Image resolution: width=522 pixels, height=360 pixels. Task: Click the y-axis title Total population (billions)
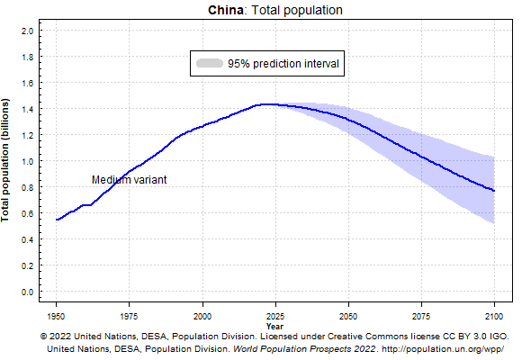tap(7, 161)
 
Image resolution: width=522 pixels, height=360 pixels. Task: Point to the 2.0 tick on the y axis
tap(26, 31)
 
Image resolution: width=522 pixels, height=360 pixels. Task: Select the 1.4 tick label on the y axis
tap(26, 109)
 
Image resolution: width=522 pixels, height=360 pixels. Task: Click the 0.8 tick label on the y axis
tap(26, 187)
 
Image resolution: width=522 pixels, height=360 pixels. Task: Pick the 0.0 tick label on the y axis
tap(26, 292)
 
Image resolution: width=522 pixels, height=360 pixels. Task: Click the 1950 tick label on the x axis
tap(57, 316)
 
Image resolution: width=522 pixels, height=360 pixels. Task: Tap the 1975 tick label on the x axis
tap(130, 316)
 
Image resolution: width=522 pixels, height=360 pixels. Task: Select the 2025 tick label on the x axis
tap(275, 316)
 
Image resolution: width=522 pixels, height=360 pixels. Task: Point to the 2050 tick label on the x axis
tap(348, 316)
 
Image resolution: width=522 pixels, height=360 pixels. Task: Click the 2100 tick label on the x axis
tap(494, 316)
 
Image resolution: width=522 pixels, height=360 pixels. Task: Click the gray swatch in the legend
tap(210, 64)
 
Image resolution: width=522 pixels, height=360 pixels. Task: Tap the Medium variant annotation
tap(129, 179)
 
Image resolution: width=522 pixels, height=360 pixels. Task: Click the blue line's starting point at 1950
tap(57, 220)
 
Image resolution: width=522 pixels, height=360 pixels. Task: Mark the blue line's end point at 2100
tap(494, 191)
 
